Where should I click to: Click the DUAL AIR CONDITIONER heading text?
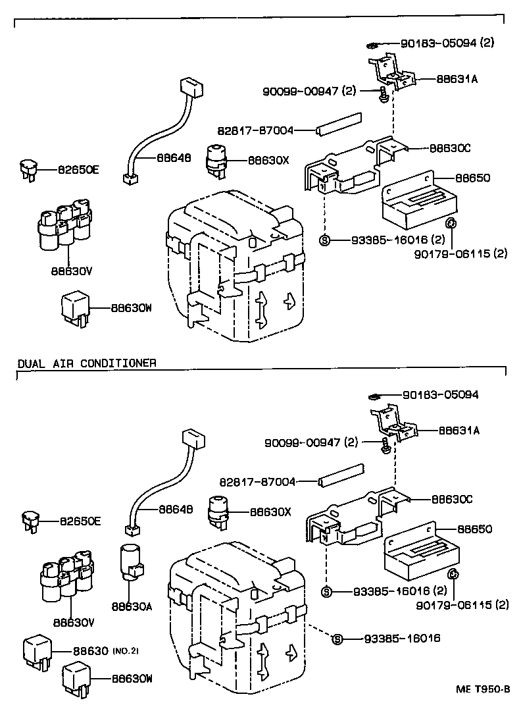pyautogui.click(x=86, y=363)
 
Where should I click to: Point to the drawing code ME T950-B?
pyautogui.click(x=484, y=689)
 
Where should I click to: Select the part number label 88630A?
pyautogui.click(x=132, y=606)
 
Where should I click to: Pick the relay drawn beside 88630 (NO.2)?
pyautogui.click(x=39, y=649)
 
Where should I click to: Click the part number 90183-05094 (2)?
pyautogui.click(x=447, y=43)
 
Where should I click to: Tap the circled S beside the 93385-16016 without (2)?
pyautogui.click(x=337, y=639)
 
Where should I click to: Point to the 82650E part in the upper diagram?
pyautogui.click(x=28, y=169)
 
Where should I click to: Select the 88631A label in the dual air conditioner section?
pyautogui.click(x=459, y=431)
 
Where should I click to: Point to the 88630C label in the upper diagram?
pyautogui.click(x=450, y=148)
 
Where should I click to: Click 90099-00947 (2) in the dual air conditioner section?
pyautogui.click(x=312, y=442)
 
